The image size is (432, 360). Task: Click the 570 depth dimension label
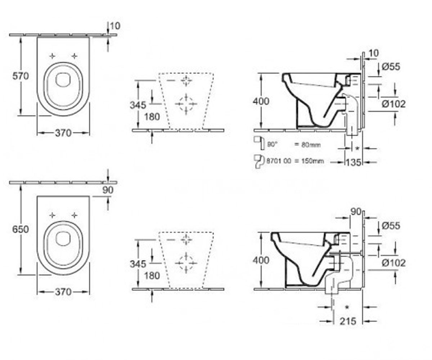tap(21, 76)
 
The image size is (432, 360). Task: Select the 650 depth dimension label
tap(21, 229)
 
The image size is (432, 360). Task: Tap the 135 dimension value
tap(354, 162)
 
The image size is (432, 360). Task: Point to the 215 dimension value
tap(348, 321)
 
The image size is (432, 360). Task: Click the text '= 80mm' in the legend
tap(307, 145)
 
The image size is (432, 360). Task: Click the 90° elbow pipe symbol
tap(259, 142)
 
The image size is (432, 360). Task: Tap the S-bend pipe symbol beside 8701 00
tap(259, 161)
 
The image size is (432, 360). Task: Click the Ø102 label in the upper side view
tap(393, 104)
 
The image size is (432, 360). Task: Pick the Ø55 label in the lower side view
tap(391, 225)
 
